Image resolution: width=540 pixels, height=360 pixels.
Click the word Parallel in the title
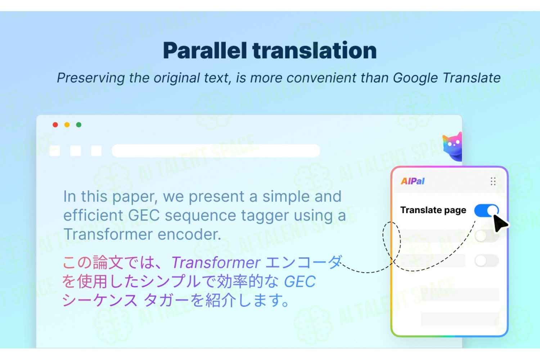(205, 51)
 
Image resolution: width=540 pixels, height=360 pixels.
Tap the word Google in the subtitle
(415, 78)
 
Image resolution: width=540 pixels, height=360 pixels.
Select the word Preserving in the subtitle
(91, 78)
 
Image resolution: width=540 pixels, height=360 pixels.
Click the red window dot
(55, 125)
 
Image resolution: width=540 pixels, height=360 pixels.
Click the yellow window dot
(67, 125)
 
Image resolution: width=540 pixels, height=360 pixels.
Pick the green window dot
(78, 125)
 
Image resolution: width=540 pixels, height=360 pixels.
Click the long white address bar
(216, 151)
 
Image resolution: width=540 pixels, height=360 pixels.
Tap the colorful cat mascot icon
(453, 147)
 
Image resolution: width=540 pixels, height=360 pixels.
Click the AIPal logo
(413, 181)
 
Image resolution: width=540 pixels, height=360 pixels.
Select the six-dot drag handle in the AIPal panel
(493, 181)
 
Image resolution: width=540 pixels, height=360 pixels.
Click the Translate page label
(433, 210)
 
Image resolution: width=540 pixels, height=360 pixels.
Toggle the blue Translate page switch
(486, 211)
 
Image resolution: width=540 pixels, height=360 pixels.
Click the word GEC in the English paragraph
(144, 215)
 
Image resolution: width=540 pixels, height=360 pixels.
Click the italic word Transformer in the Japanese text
(216, 262)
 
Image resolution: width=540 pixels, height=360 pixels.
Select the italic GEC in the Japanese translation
(300, 282)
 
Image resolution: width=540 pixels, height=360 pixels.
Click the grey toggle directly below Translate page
(486, 236)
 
